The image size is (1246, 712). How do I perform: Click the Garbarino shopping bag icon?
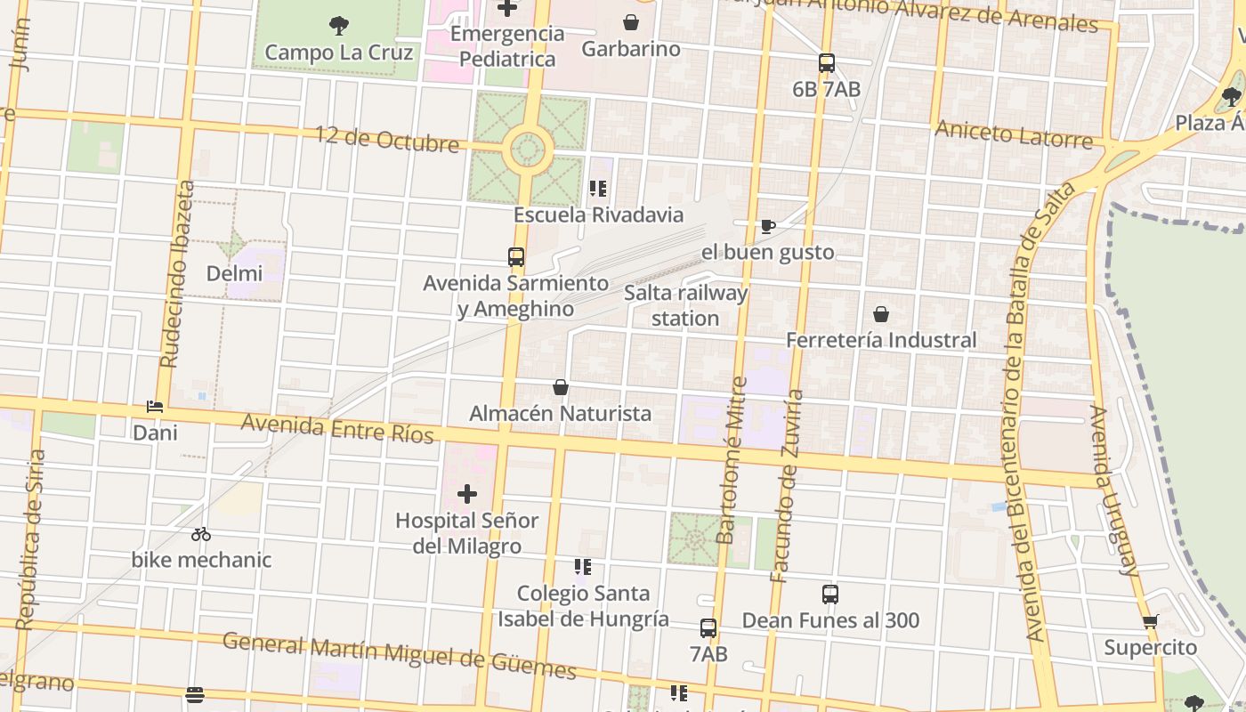(x=631, y=22)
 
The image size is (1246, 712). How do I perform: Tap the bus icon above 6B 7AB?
(x=827, y=63)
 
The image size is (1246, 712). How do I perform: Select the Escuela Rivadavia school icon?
(x=598, y=189)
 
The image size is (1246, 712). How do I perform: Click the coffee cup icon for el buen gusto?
(x=767, y=226)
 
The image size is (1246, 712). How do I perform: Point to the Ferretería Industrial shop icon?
(x=881, y=314)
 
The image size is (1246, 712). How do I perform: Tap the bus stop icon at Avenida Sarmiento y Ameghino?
(x=516, y=257)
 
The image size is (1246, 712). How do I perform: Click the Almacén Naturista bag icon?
(x=561, y=387)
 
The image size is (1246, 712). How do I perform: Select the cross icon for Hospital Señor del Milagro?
(x=467, y=494)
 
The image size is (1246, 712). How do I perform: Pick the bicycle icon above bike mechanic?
(x=201, y=534)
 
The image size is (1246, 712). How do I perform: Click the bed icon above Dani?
(x=155, y=407)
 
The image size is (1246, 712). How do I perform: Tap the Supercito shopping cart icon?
(x=1151, y=621)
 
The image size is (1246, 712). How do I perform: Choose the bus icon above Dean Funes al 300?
(x=830, y=595)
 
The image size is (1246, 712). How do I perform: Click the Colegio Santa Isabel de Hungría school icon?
(x=583, y=567)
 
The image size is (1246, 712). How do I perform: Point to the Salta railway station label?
(x=685, y=305)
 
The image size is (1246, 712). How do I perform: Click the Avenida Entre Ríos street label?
(x=337, y=428)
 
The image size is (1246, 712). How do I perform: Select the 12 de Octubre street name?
(x=387, y=139)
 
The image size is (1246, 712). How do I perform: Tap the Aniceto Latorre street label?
(x=1013, y=134)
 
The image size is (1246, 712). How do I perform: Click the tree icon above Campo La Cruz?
(x=339, y=25)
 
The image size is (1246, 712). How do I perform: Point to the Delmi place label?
(x=234, y=273)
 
